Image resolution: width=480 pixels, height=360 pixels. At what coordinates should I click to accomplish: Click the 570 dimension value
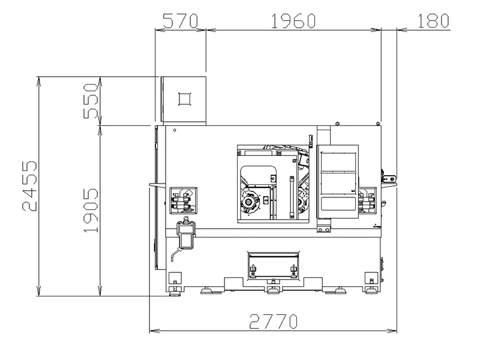[x=181, y=21]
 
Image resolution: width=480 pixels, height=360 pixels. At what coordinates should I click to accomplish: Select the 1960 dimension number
[x=293, y=21]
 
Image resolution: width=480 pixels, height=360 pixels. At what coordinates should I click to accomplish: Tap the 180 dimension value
[x=433, y=21]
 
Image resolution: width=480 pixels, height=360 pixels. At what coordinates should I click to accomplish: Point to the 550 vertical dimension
[x=91, y=101]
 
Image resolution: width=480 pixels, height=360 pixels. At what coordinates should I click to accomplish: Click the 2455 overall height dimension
[x=29, y=186]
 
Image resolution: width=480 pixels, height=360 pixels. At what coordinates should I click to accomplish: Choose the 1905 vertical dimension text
[x=91, y=211]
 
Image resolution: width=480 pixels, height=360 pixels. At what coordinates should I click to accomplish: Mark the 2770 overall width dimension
[x=273, y=322]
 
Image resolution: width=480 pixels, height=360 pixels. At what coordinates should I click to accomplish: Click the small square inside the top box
[x=185, y=99]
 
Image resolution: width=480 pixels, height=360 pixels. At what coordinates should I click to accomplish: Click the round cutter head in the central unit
[x=248, y=202]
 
